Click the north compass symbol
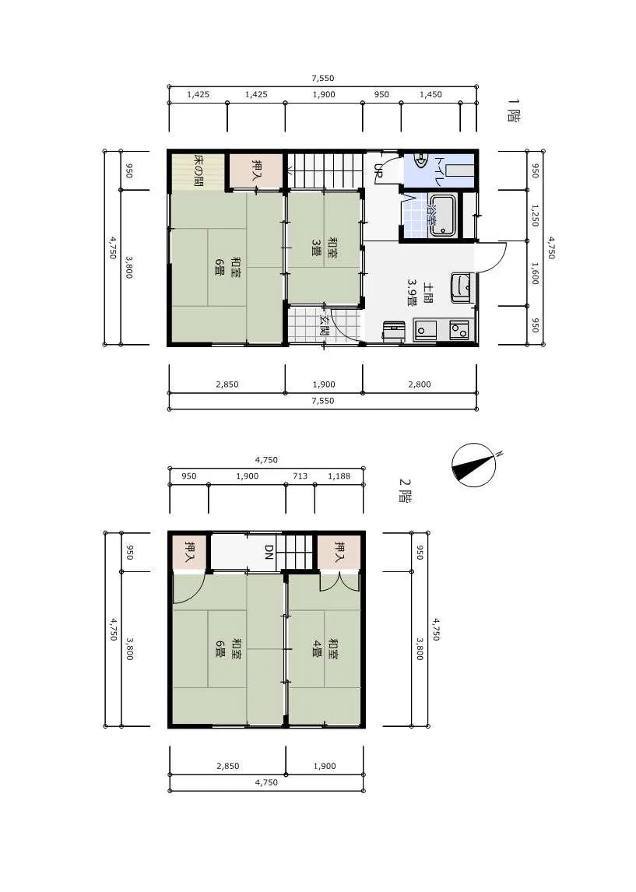point(474,465)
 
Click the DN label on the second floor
point(269,553)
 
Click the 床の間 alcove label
point(199,170)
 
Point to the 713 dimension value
point(300,476)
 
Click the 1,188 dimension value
point(339,476)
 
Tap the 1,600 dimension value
point(535,273)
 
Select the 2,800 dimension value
point(420,385)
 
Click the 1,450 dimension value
point(430,94)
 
